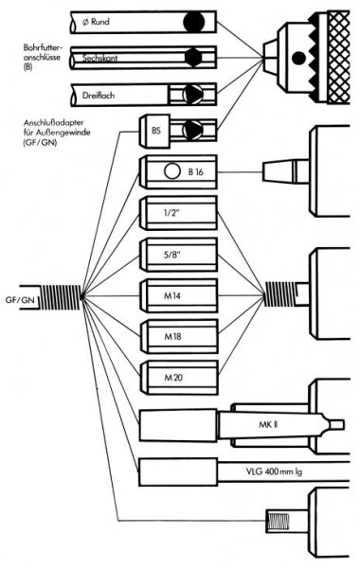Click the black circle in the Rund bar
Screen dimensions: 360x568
(194, 22)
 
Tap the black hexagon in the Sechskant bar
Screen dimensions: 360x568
(193, 58)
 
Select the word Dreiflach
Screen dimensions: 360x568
(99, 96)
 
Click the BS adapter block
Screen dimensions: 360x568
(155, 132)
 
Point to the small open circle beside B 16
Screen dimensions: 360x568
(171, 171)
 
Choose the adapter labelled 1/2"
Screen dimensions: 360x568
(178, 213)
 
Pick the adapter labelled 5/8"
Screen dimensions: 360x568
(178, 255)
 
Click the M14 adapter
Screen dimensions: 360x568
(179, 296)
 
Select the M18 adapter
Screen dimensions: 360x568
(179, 336)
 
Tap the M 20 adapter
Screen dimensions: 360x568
(179, 378)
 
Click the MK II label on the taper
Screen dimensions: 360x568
(268, 424)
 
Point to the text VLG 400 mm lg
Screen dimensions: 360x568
(274, 472)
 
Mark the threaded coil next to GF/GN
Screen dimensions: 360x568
(59, 297)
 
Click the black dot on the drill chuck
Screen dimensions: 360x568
(298, 58)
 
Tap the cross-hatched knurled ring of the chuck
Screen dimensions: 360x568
(338, 58)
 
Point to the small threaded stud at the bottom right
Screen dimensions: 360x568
(277, 521)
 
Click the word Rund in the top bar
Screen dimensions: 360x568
(99, 22)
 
